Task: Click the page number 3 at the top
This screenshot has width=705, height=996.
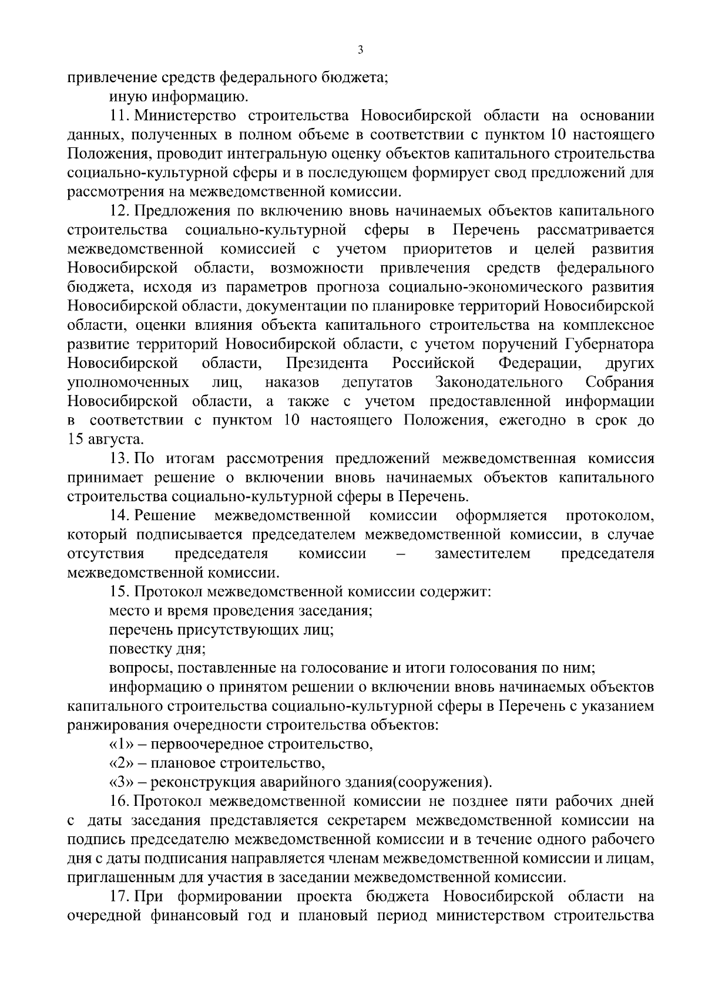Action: click(x=360, y=51)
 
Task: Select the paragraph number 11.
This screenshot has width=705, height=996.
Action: click(x=118, y=115)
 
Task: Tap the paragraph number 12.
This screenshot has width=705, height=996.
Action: click(x=119, y=210)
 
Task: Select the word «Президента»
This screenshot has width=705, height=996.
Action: click(x=327, y=363)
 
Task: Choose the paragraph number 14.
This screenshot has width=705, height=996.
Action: click(x=119, y=516)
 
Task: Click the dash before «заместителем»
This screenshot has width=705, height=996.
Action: click(x=400, y=554)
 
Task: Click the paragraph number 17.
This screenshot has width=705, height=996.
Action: click(x=119, y=897)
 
